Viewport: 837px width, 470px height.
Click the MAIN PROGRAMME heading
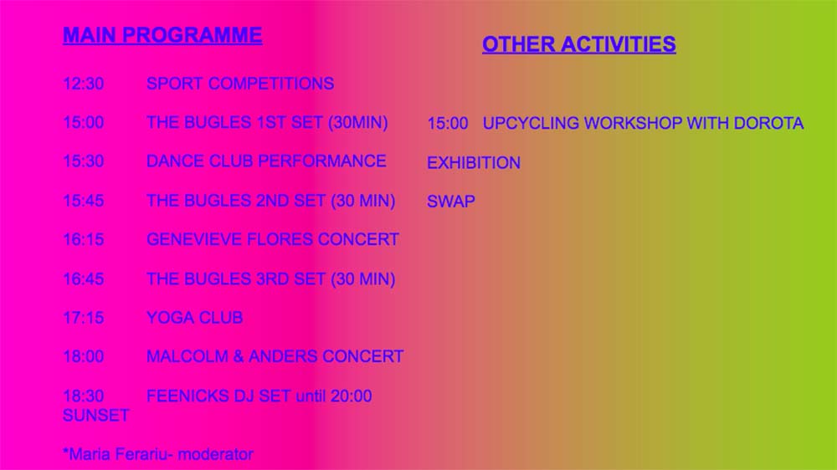pos(162,35)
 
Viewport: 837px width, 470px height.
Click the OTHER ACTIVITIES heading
pos(578,44)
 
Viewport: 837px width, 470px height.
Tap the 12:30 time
pos(83,84)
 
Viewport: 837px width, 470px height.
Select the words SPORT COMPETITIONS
pos(240,84)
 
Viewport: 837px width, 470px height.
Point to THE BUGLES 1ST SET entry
pos(267,123)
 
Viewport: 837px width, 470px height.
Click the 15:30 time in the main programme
pos(83,161)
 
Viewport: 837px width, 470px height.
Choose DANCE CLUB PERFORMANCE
pos(266,161)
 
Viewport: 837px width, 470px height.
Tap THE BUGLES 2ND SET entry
pos(270,201)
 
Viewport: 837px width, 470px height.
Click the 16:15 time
pos(83,239)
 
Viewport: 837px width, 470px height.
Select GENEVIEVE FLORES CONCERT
pos(272,239)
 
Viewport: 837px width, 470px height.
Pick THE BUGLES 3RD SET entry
pos(270,279)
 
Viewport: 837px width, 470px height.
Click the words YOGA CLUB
pos(194,318)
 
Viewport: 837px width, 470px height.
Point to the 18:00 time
pos(83,356)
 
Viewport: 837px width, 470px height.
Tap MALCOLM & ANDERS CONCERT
pos(275,356)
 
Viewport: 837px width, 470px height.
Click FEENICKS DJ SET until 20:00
pos(259,396)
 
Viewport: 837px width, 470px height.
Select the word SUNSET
pos(95,416)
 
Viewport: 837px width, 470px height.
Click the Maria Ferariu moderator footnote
pos(158,455)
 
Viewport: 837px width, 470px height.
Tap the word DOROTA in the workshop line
pos(768,123)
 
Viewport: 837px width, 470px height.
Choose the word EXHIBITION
pos(474,163)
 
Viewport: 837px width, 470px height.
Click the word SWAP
pos(451,202)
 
